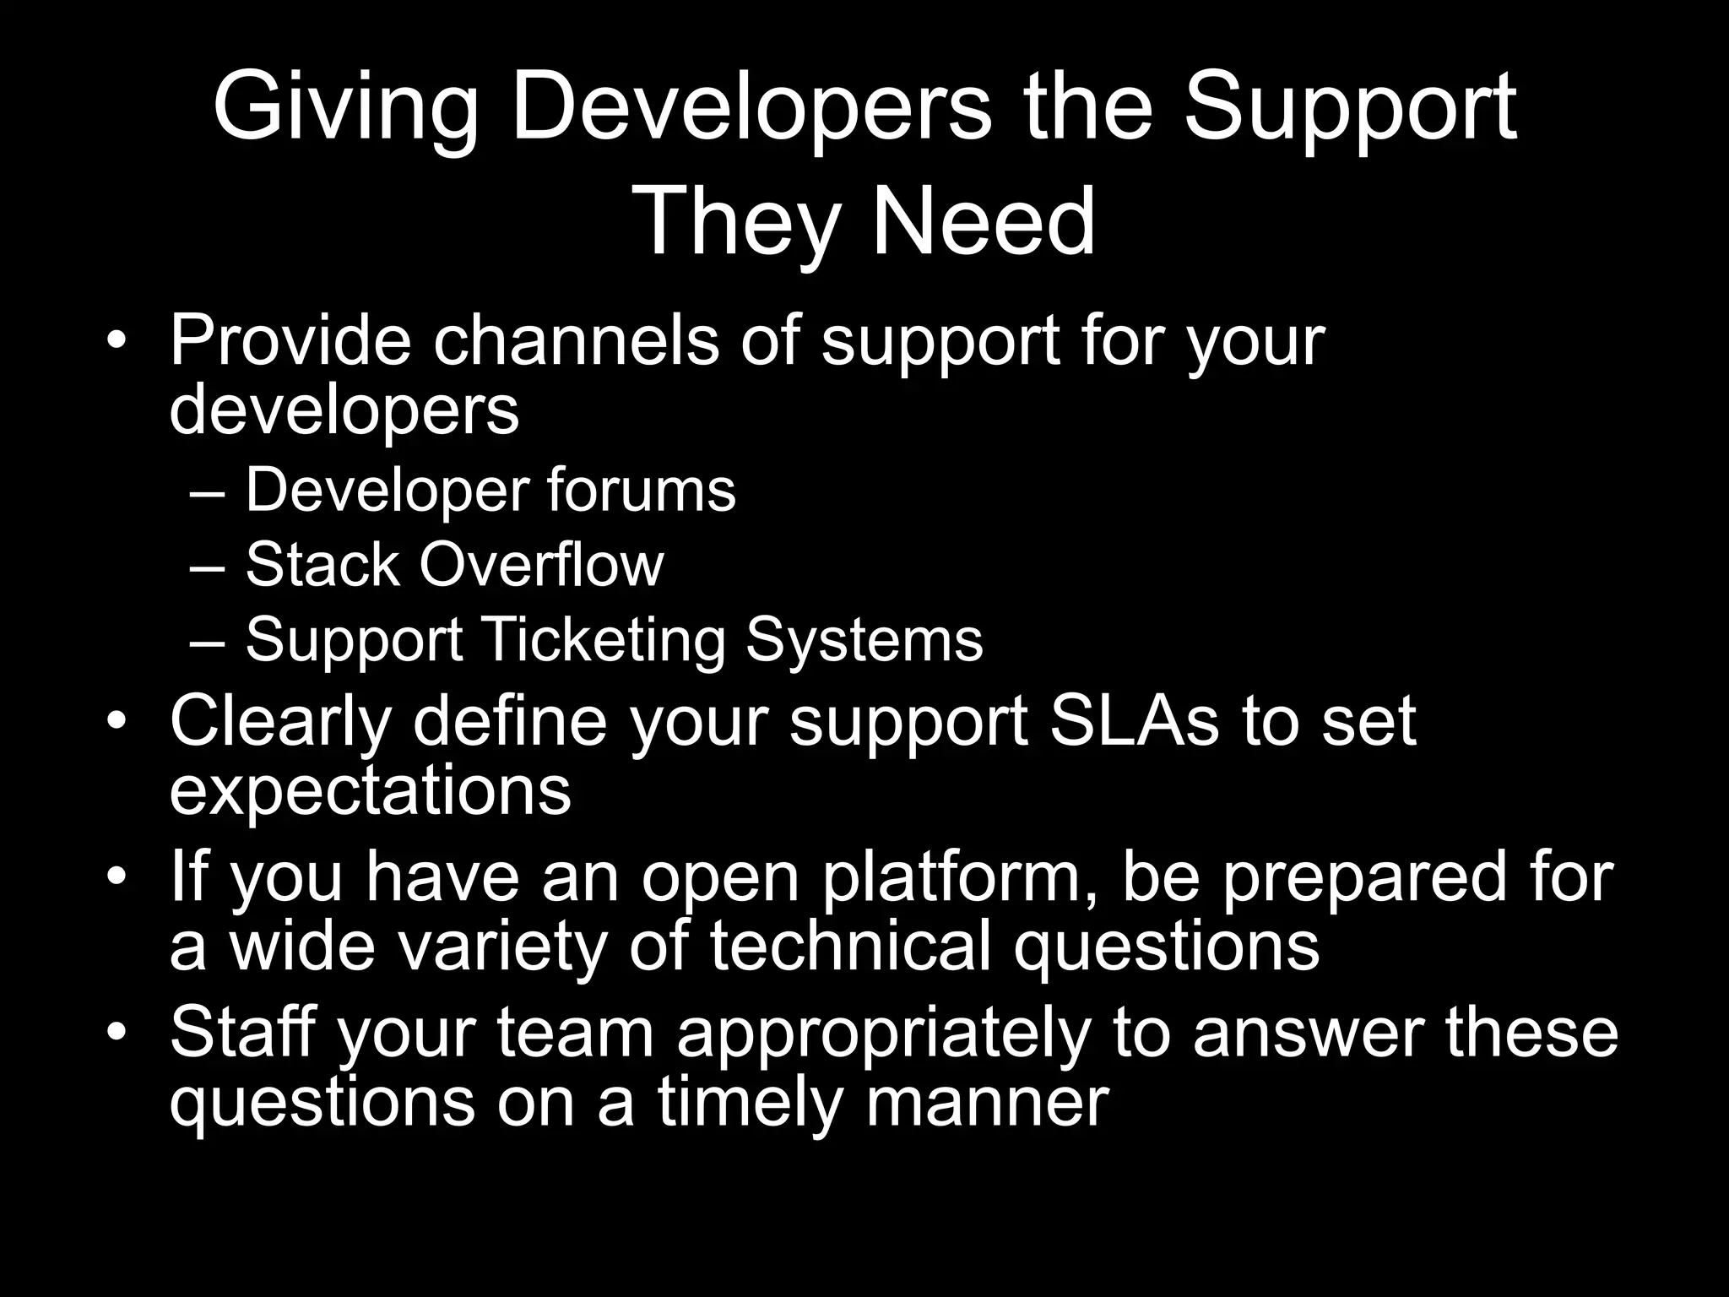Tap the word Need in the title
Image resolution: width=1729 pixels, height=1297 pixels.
tap(983, 223)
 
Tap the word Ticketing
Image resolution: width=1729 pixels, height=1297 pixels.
tap(604, 641)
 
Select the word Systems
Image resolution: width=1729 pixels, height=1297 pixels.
tap(864, 641)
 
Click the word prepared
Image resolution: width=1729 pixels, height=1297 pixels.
tap(1363, 878)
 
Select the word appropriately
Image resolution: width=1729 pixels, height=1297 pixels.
tap(881, 1035)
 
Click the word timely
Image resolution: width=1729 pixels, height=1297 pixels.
tap(751, 1101)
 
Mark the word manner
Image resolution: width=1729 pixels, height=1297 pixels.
tap(987, 1101)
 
